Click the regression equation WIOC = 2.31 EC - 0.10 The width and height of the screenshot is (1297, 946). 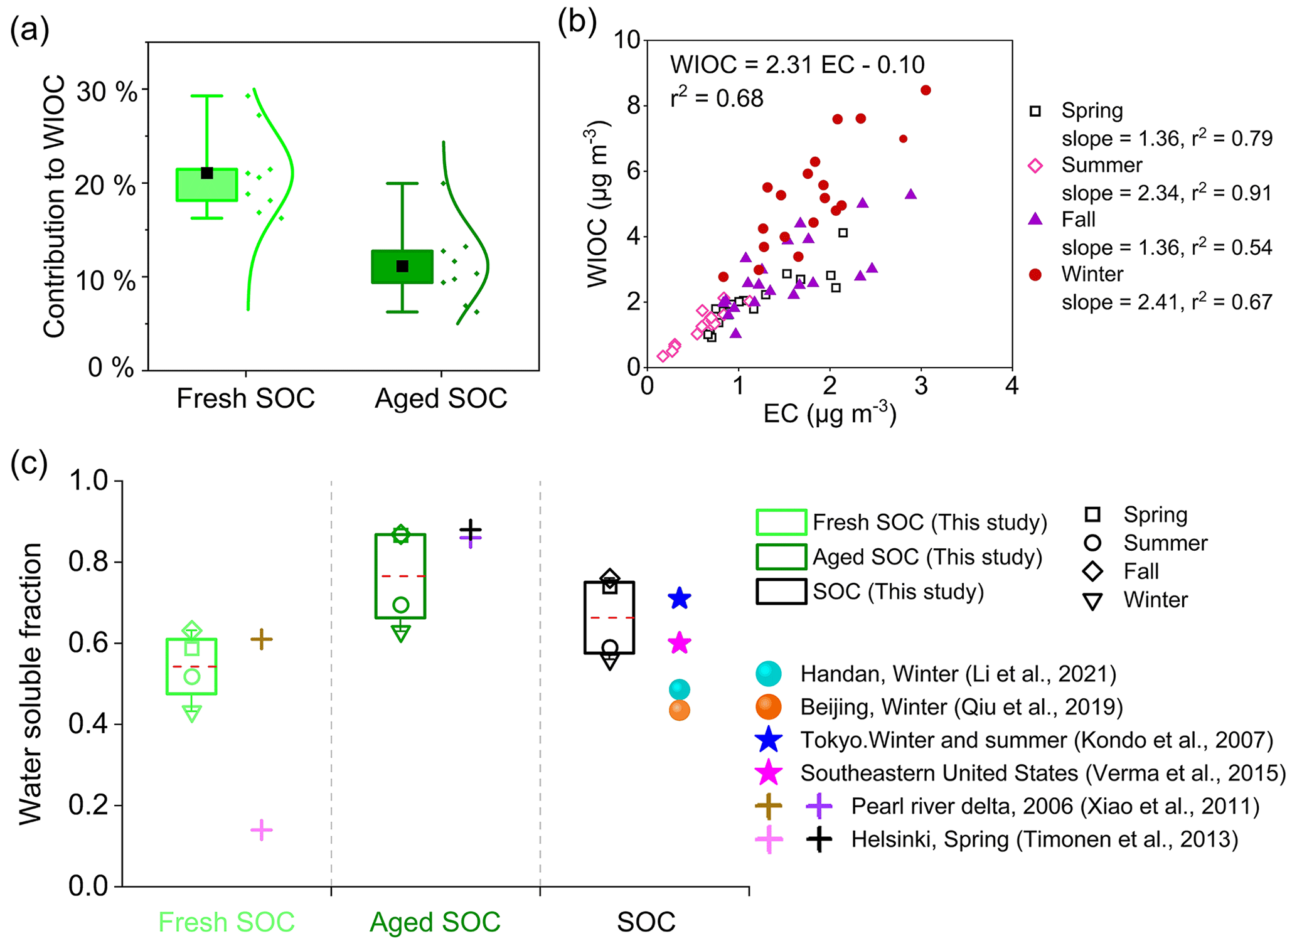pos(797,65)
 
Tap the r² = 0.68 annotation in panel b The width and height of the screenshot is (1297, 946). pos(717,98)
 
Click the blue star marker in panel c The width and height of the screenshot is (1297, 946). pos(679,598)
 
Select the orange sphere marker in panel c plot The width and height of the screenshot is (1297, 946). pos(679,710)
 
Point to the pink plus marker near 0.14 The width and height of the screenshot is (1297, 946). pos(261,830)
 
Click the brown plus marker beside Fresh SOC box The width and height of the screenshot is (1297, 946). pos(261,639)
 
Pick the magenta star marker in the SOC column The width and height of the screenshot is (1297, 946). pos(679,643)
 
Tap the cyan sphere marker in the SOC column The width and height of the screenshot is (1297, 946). pos(679,689)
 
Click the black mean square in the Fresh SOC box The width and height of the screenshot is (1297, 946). pos(207,173)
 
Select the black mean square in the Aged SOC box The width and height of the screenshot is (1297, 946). pos(403,267)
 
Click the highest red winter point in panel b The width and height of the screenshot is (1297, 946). pos(925,90)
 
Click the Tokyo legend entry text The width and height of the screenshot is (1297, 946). pos(1036,740)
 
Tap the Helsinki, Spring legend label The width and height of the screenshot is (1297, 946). pos(1044,839)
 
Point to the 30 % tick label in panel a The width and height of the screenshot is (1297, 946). pos(106,93)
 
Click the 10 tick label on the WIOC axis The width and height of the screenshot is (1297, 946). pos(626,40)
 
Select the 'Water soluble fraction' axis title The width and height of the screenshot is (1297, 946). pos(30,684)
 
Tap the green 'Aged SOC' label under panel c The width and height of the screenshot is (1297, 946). pos(435,922)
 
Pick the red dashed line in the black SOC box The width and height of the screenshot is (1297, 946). pos(609,618)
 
